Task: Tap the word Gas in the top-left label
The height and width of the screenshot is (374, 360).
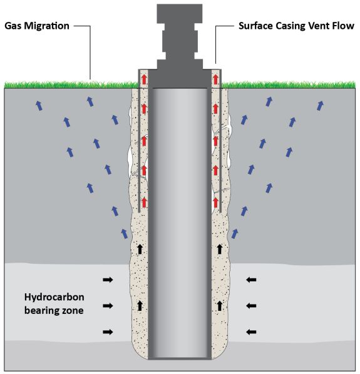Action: (13, 27)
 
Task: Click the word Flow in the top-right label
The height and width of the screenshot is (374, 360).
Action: (344, 27)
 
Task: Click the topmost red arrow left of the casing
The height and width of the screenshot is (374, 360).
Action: (144, 79)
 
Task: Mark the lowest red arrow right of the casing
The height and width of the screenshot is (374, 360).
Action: (216, 201)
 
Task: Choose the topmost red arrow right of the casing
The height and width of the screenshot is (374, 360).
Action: (216, 79)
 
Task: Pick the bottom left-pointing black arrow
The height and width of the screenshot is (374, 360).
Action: (251, 331)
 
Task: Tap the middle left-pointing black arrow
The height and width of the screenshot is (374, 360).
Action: (251, 305)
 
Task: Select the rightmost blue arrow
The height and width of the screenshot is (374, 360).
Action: (321, 105)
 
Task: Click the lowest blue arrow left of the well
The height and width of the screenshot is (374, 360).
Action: (124, 233)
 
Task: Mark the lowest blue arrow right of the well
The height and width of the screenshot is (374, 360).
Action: (235, 233)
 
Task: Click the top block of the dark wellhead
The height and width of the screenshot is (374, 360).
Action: (180, 13)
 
